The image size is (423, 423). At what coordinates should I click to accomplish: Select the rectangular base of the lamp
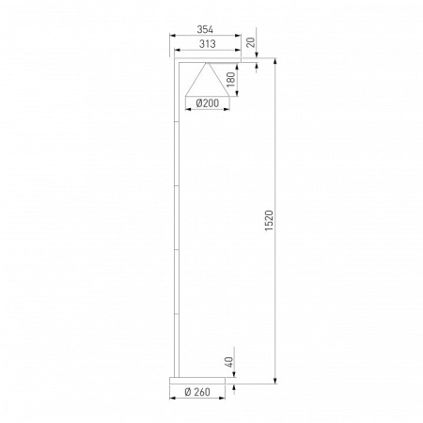point(198,380)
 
